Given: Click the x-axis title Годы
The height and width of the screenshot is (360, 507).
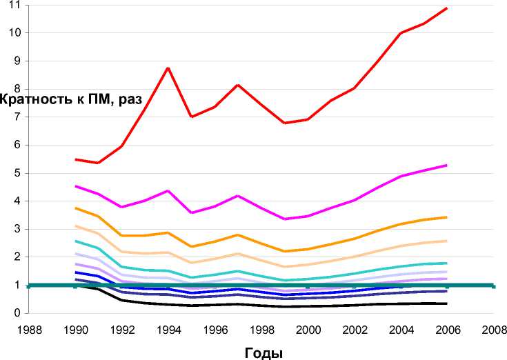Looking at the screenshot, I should pos(264,352).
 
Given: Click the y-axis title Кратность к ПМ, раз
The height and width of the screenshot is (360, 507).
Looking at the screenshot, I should pos(71,99).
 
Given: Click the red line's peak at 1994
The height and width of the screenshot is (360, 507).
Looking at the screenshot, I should pos(168,68).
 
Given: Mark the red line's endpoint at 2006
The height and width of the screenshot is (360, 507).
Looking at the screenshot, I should pos(448,8).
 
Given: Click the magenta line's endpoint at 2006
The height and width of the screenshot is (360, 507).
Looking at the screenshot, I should pos(448,165).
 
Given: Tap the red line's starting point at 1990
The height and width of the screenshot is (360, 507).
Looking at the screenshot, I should pos(75,159).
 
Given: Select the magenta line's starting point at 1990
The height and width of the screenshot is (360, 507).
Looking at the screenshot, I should pos(75,186).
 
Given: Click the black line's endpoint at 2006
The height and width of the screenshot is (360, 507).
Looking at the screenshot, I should pos(448,303).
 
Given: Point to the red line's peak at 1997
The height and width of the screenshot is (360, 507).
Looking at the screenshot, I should pos(238,85).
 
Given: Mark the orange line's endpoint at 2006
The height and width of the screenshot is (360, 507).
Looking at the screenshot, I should pos(448,217).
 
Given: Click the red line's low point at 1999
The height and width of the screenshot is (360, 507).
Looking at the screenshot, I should pos(284,123).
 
